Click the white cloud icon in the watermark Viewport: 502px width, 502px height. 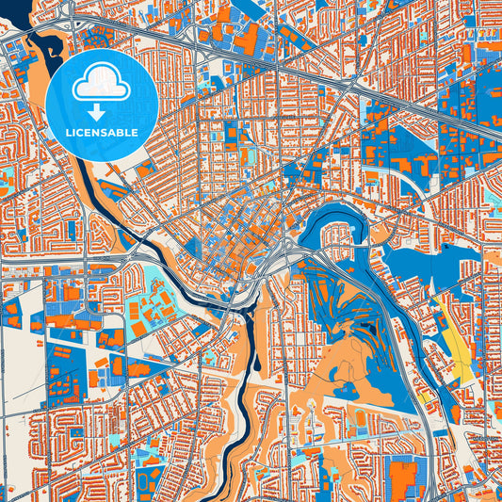101,83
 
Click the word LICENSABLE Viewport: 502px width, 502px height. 101,132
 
